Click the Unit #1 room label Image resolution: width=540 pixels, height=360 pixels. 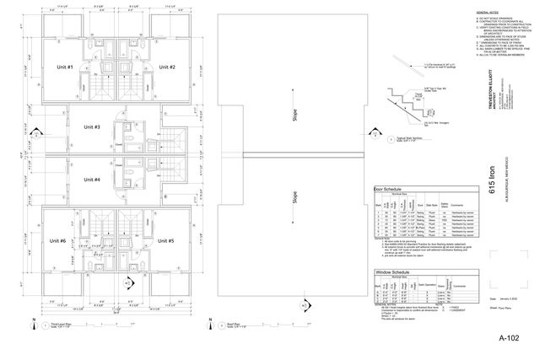tap(65, 67)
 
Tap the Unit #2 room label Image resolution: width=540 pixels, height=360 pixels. tap(166, 67)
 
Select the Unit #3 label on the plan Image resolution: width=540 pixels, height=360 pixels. tap(92, 127)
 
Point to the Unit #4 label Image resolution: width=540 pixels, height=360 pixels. tap(92, 180)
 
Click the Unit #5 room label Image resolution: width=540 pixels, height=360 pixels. tap(165, 241)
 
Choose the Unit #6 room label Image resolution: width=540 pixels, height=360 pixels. tap(58, 241)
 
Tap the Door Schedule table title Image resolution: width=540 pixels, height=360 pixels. tap(388, 190)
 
